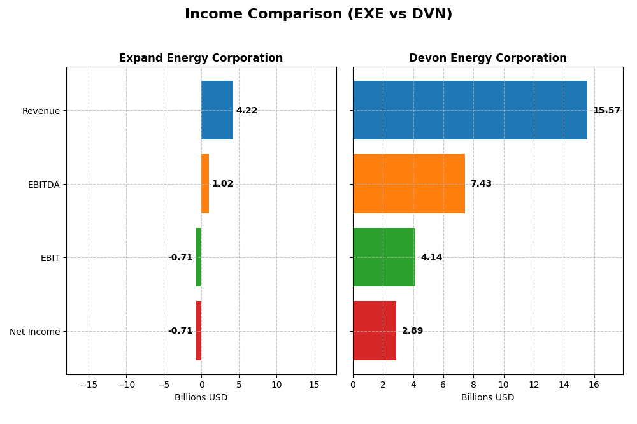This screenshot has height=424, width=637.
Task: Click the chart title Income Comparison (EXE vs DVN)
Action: pyautogui.click(x=318, y=15)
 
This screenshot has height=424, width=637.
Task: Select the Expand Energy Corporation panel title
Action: pyautogui.click(x=201, y=59)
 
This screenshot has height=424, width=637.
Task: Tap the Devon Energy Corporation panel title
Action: pyautogui.click(x=487, y=59)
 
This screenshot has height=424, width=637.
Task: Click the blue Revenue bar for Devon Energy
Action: pyautogui.click(x=470, y=110)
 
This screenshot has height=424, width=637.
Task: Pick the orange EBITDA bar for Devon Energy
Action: pyautogui.click(x=409, y=184)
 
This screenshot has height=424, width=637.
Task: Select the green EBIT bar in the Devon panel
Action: pyautogui.click(x=384, y=257)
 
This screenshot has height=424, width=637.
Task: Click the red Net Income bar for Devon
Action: pyautogui.click(x=375, y=331)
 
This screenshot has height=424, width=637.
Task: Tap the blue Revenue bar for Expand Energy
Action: pyautogui.click(x=217, y=110)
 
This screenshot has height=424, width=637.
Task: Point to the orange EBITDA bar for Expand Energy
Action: pyautogui.click(x=205, y=184)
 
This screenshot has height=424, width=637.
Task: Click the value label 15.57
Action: pyautogui.click(x=606, y=111)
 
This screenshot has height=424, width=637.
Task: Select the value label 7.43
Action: pyautogui.click(x=481, y=184)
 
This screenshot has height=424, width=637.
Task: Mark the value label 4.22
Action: pyautogui.click(x=247, y=111)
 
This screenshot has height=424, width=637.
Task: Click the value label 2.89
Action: pyautogui.click(x=412, y=331)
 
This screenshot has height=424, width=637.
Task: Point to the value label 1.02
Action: pyautogui.click(x=222, y=184)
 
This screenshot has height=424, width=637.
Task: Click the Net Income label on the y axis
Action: pyautogui.click(x=34, y=332)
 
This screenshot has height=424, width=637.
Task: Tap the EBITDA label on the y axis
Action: pyautogui.click(x=43, y=185)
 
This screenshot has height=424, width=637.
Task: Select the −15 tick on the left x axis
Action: pyautogui.click(x=89, y=385)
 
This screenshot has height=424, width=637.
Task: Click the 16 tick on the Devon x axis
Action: pyautogui.click(x=594, y=385)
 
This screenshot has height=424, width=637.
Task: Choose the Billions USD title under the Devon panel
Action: pyautogui.click(x=487, y=398)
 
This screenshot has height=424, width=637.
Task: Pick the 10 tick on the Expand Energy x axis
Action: pyautogui.click(x=276, y=385)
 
